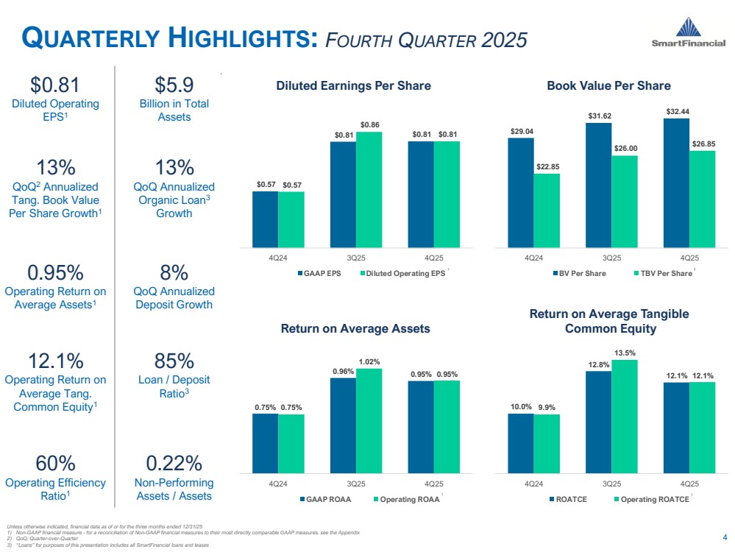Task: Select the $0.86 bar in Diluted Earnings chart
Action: click(369, 189)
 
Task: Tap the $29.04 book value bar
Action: click(520, 192)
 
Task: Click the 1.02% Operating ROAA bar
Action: click(369, 420)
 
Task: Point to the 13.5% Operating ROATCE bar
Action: click(624, 416)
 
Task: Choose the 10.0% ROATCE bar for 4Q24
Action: click(520, 442)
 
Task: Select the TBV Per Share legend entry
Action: click(663, 274)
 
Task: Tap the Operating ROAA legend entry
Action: click(406, 499)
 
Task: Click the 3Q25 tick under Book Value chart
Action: click(611, 258)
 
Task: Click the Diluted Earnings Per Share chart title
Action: click(353, 86)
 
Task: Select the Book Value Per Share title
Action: click(608, 86)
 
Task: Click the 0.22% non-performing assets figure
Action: click(174, 463)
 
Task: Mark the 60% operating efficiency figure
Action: click(56, 463)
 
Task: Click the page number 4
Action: click(725, 535)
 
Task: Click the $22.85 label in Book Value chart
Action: click(547, 166)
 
